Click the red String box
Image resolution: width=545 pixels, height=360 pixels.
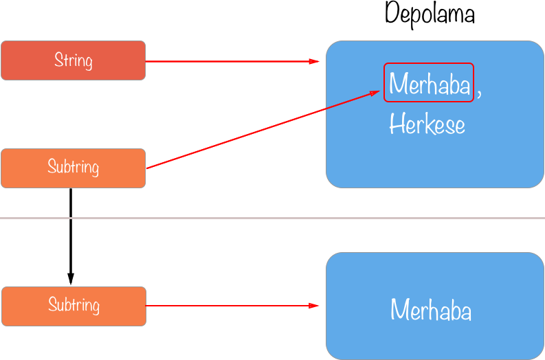pyautogui.click(x=73, y=60)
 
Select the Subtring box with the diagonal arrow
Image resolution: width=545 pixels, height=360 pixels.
pyautogui.click(x=73, y=168)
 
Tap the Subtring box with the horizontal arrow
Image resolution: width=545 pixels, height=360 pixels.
pyautogui.click(x=74, y=306)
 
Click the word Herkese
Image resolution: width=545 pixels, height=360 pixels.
pyautogui.click(x=427, y=125)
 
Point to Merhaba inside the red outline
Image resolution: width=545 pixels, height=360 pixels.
pyautogui.click(x=429, y=83)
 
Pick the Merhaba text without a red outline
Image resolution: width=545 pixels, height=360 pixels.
pyautogui.click(x=431, y=311)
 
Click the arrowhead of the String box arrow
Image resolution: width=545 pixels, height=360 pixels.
pyautogui.click(x=315, y=61)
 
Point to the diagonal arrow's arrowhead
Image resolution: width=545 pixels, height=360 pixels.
pyautogui.click(x=377, y=92)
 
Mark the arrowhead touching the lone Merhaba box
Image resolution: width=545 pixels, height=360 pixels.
pyautogui.click(x=315, y=306)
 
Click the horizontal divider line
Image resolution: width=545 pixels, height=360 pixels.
pyautogui.click(x=272, y=218)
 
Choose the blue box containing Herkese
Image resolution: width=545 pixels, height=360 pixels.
pyautogui.click(x=434, y=158)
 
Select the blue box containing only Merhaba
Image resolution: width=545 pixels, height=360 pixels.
pyautogui.click(x=434, y=337)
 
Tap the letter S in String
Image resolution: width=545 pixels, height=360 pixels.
pyautogui.click(x=58, y=60)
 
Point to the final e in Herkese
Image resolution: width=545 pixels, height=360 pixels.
pyautogui.click(x=459, y=126)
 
